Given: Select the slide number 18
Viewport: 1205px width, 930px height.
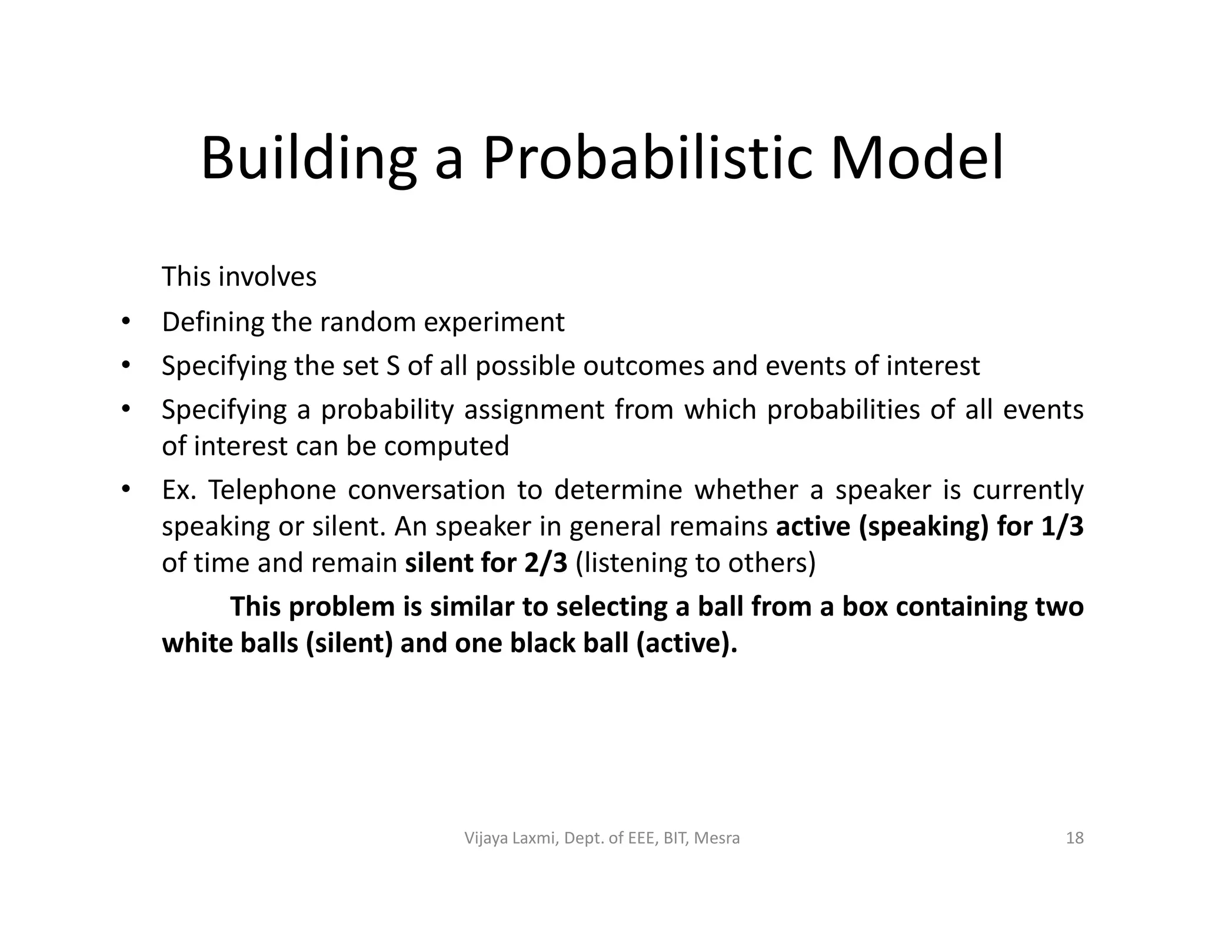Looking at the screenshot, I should point(1074,838).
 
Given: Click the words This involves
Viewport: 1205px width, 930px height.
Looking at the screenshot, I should point(239,276).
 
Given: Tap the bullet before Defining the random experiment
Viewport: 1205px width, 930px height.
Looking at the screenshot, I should point(125,322).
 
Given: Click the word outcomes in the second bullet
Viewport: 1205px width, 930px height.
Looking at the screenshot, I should point(643,366).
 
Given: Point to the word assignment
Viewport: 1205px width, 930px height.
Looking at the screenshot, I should point(534,409).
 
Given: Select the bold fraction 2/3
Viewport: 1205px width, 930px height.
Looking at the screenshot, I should point(545,563).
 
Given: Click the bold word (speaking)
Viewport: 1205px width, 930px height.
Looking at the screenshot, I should point(923,526).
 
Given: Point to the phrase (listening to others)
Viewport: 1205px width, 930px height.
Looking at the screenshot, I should point(695,563).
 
